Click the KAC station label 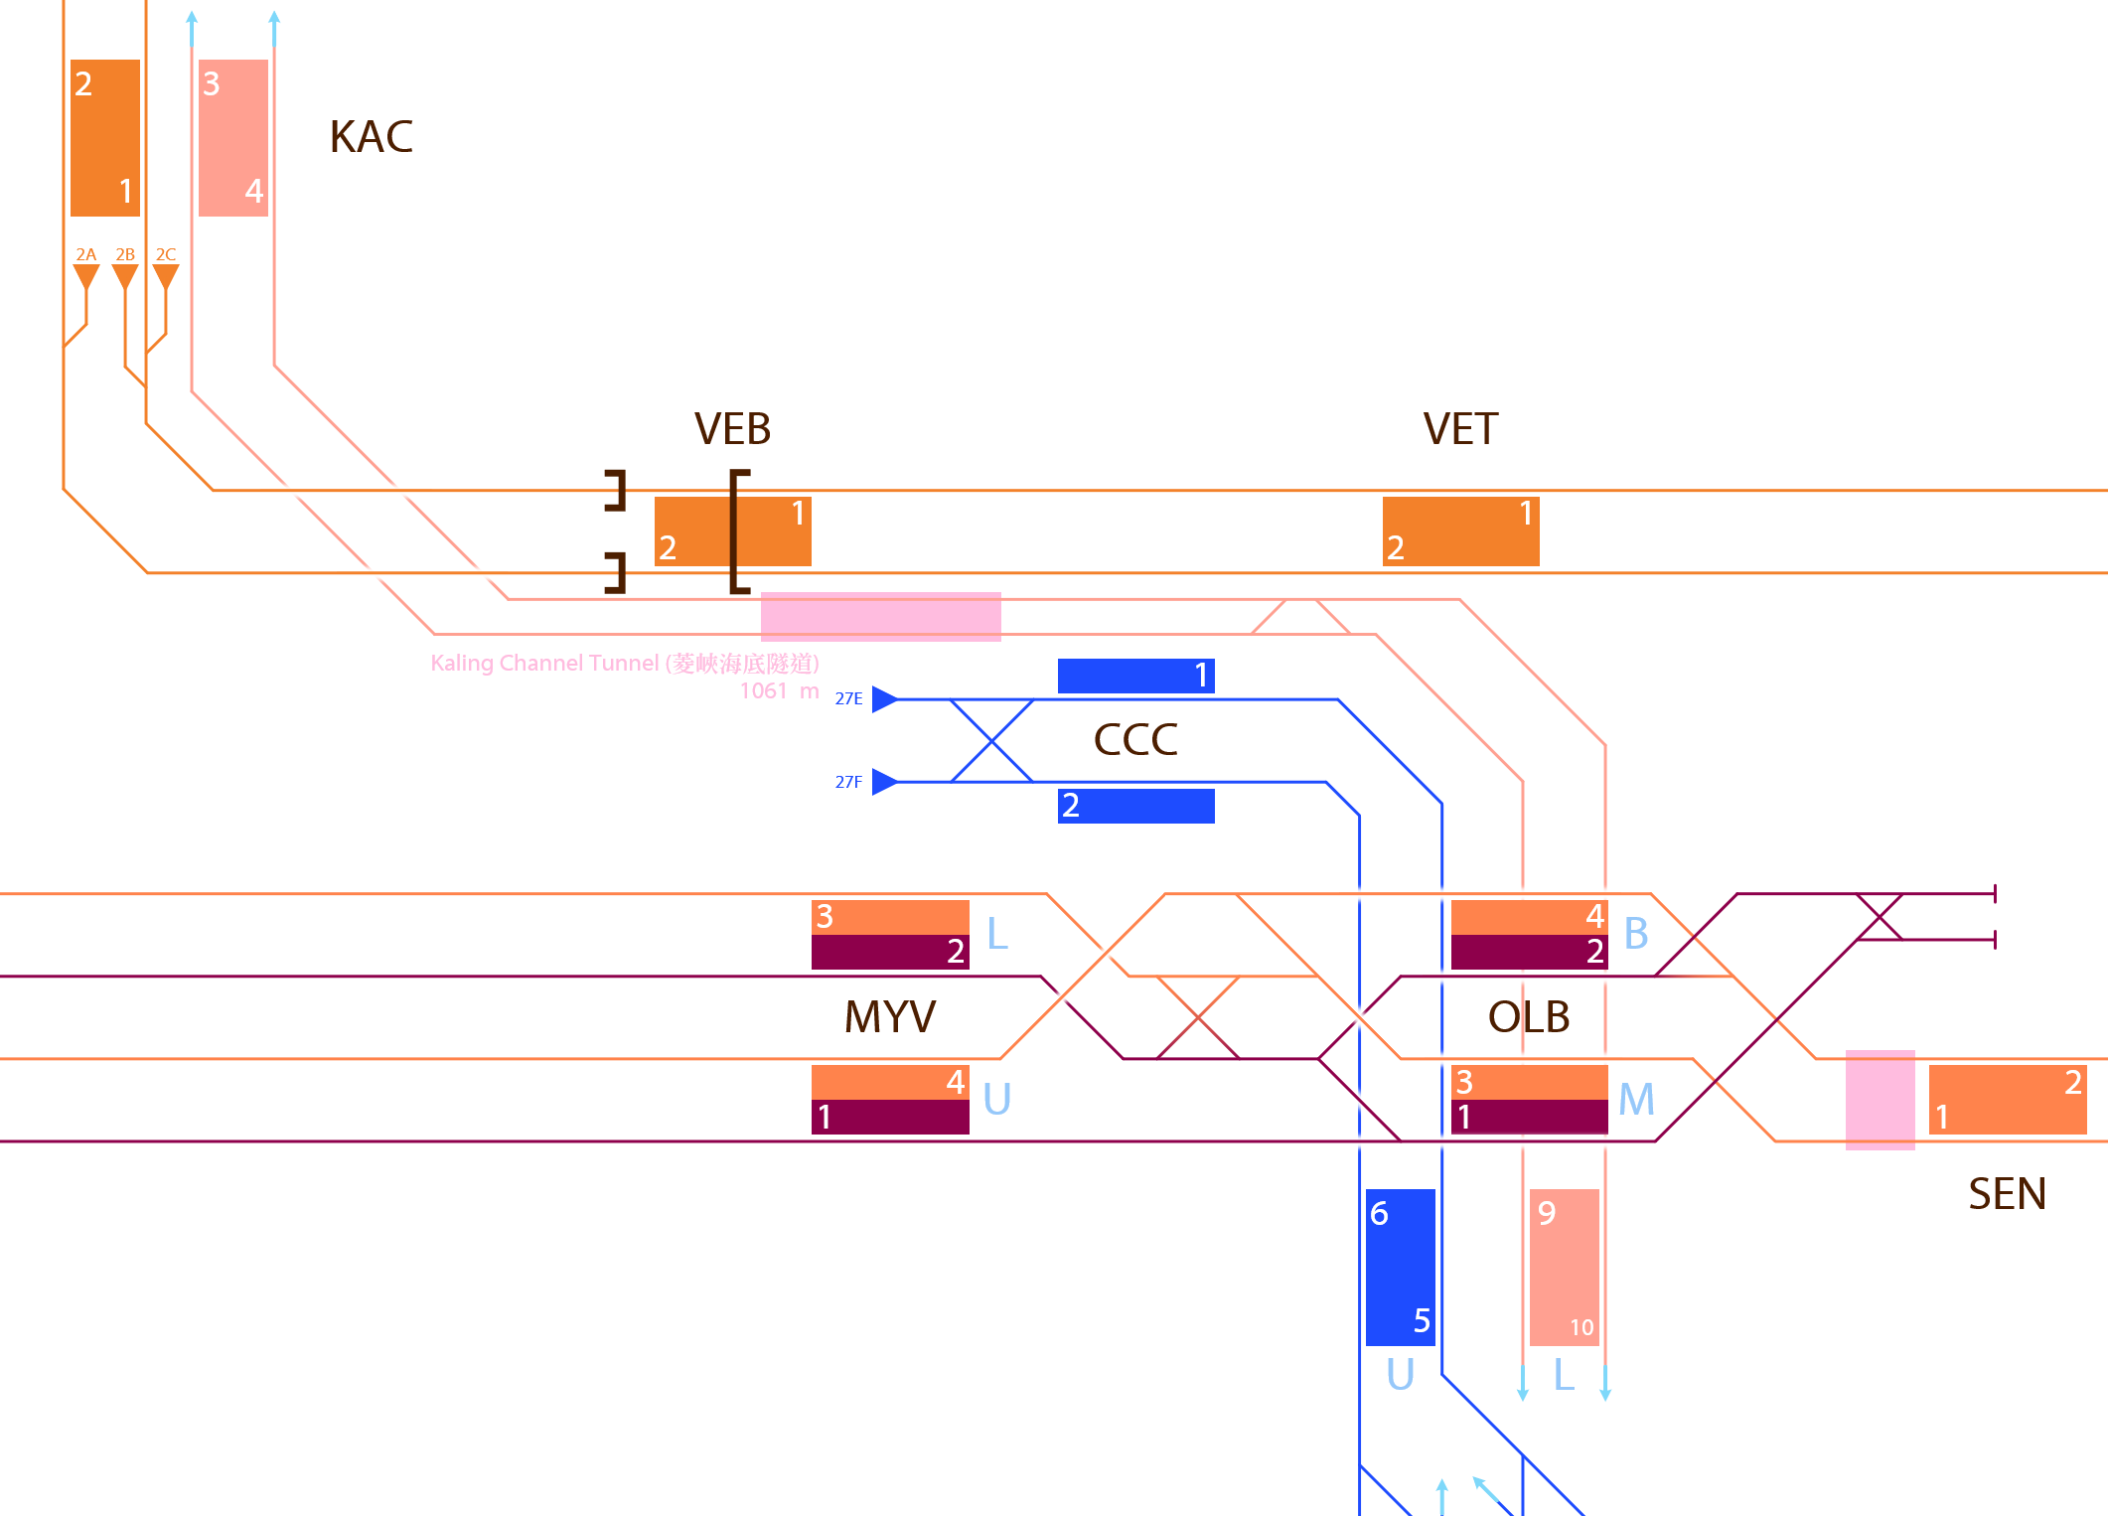tap(371, 137)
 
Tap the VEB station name tap(732, 429)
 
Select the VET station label tap(1460, 429)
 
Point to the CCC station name tap(1135, 740)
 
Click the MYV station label tap(890, 1017)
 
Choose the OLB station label tap(1529, 1017)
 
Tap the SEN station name tap(2007, 1194)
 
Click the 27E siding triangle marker tap(884, 699)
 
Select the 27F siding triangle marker tap(884, 782)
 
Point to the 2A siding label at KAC tap(86, 254)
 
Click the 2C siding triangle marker tap(166, 276)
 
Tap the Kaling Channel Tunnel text tap(625, 663)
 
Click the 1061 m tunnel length tap(779, 690)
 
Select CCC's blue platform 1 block tap(1135, 676)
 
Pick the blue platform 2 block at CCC tap(1135, 806)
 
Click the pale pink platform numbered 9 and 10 tap(1565, 1267)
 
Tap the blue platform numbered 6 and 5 tap(1400, 1267)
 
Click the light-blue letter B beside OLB tap(1636, 934)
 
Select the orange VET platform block tap(1460, 531)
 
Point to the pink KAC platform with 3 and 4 tap(233, 137)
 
